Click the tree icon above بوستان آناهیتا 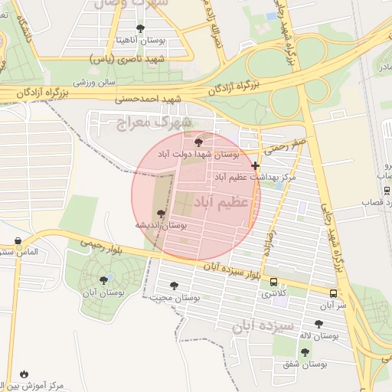point(139,28)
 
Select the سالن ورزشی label point(94,81)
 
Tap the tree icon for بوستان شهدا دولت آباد point(199,142)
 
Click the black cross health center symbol point(255,165)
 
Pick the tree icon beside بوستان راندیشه point(160,214)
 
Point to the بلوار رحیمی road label point(95,244)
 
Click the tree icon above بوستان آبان point(103,280)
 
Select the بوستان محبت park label point(175,297)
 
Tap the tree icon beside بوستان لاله point(318,325)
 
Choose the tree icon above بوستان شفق point(305,352)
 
